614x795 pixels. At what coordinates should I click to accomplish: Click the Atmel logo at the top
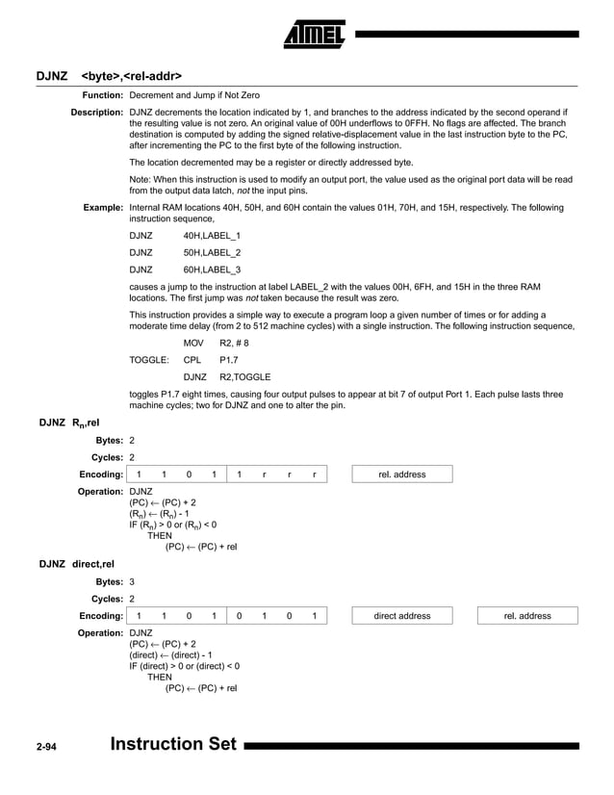click(315, 37)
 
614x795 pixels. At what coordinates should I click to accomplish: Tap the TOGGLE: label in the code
click(149, 360)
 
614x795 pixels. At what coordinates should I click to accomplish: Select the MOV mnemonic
click(194, 343)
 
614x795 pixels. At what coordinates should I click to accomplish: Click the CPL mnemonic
click(192, 360)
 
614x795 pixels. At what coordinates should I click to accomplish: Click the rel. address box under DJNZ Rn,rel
click(401, 474)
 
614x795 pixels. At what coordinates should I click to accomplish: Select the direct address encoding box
click(402, 616)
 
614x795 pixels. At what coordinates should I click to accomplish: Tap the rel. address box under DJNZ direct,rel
click(527, 616)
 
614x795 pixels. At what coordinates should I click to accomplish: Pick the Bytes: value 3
click(132, 581)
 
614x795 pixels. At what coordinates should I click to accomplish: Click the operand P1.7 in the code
click(229, 360)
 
